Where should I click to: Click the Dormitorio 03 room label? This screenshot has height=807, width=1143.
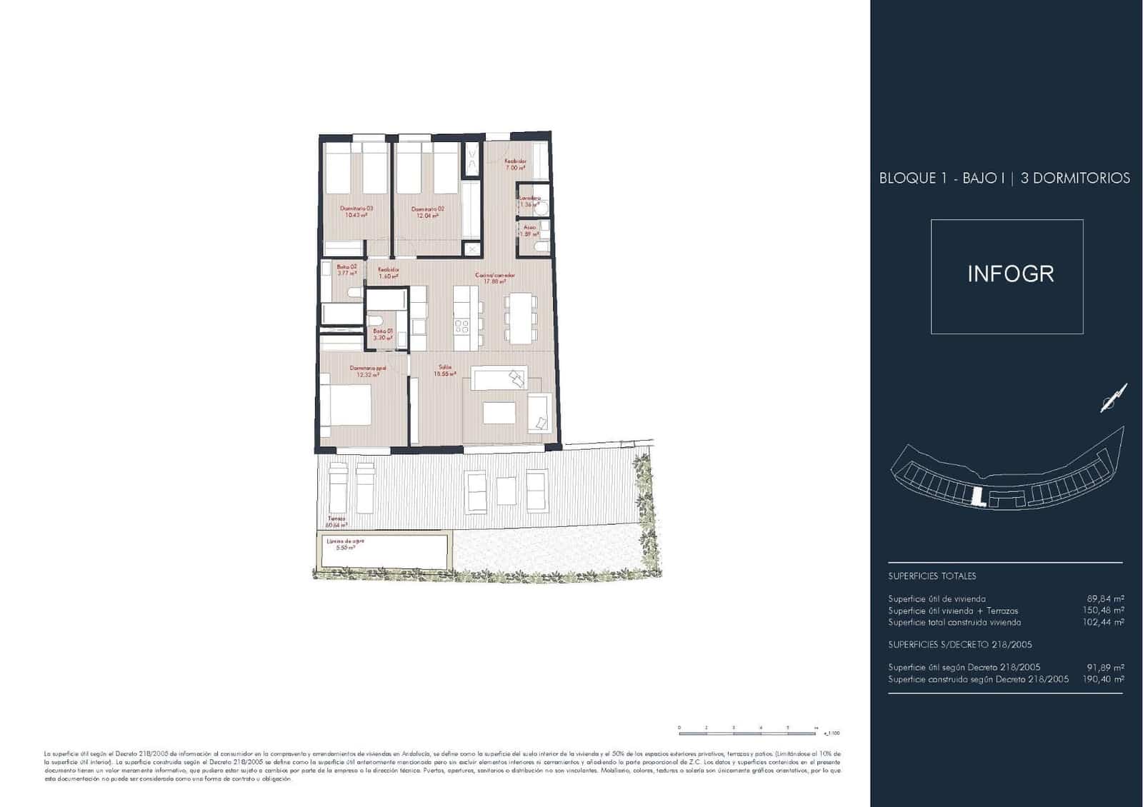357,211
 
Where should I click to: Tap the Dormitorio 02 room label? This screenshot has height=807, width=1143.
427,212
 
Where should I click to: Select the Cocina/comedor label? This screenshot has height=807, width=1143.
494,278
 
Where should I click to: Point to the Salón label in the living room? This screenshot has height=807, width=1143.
446,371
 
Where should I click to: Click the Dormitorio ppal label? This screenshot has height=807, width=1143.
368,371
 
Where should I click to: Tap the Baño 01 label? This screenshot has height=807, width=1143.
383,334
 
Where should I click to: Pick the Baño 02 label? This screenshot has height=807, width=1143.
346,270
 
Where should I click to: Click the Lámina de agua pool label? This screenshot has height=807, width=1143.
345,544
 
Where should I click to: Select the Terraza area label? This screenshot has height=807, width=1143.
336,521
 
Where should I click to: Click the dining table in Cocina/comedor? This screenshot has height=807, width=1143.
519,318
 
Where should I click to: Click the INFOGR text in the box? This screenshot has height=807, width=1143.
1010,274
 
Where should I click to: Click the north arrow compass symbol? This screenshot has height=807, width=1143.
1113,398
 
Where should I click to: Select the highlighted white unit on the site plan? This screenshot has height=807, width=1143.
978,494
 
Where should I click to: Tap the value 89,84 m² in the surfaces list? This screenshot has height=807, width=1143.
1105,599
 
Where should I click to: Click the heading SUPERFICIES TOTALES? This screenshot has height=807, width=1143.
932,576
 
